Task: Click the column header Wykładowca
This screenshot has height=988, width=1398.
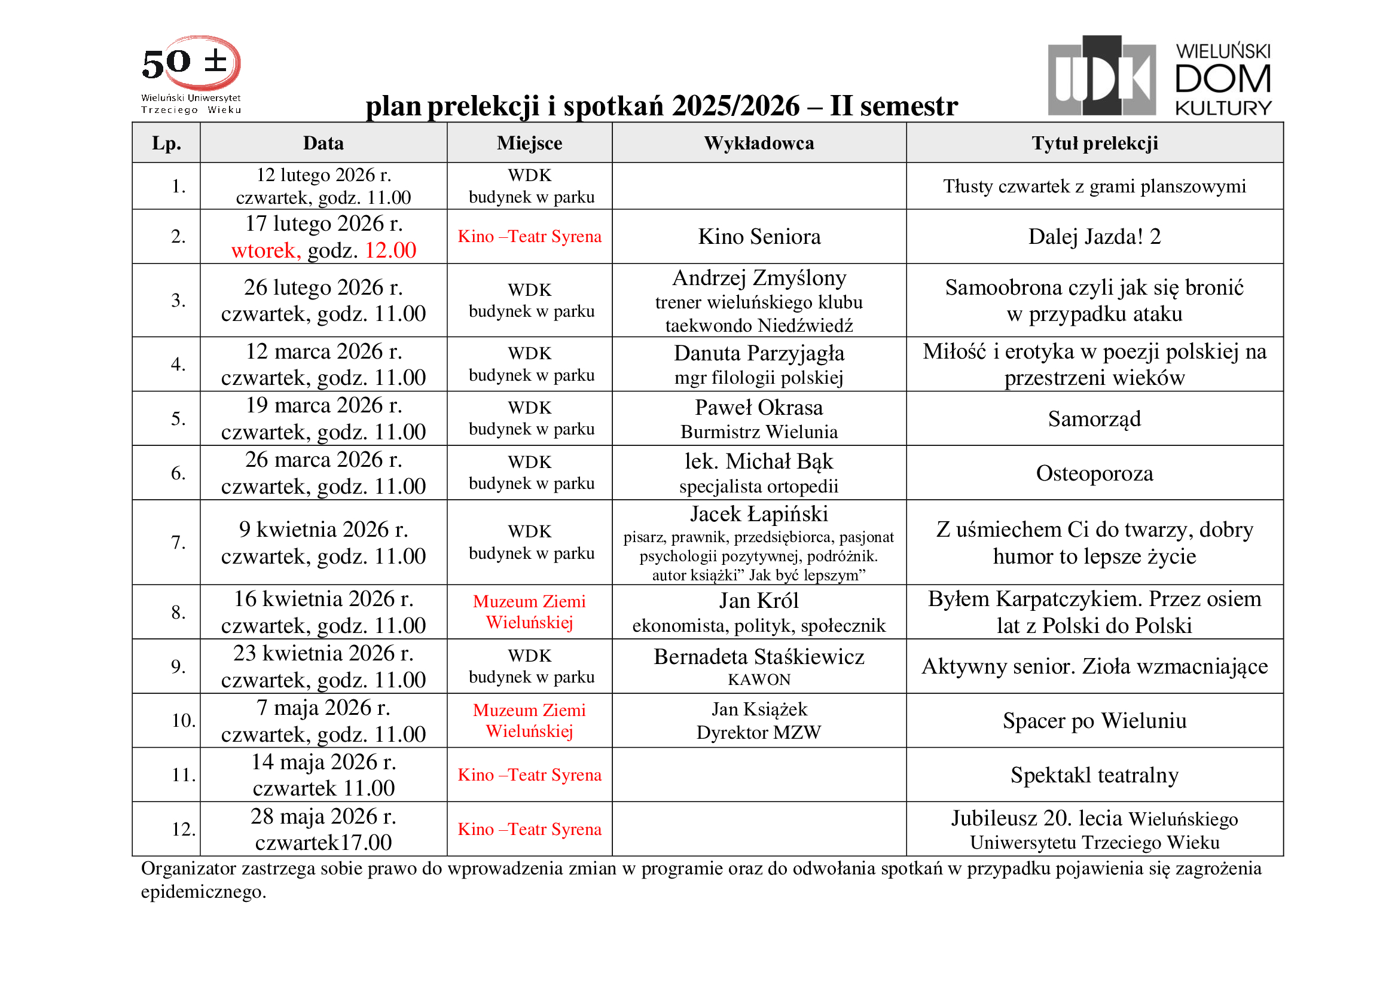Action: point(759,143)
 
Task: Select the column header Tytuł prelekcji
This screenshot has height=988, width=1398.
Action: point(1094,143)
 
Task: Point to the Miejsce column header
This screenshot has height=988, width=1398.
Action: point(529,143)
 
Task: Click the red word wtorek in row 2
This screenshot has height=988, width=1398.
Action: point(265,250)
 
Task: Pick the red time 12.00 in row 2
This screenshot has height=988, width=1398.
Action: point(390,250)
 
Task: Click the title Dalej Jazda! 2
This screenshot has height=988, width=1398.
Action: point(1094,236)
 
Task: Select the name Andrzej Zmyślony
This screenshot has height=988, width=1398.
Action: point(759,278)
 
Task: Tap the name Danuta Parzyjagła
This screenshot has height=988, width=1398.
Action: point(759,353)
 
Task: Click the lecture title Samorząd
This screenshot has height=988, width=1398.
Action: point(1094,419)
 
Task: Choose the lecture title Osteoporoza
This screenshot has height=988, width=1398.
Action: point(1094,473)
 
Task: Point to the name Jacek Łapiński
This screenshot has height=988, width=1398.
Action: point(759,515)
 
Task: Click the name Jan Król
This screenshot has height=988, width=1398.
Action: point(759,601)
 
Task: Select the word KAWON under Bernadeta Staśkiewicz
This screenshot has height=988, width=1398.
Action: point(759,680)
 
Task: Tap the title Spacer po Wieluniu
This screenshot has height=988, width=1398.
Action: point(1094,721)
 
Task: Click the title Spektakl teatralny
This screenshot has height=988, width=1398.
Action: point(1094,775)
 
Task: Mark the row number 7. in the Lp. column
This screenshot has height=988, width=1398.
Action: point(178,542)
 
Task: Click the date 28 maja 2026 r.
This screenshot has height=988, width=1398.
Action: point(323,816)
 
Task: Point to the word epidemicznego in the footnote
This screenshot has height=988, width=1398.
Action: point(203,892)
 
